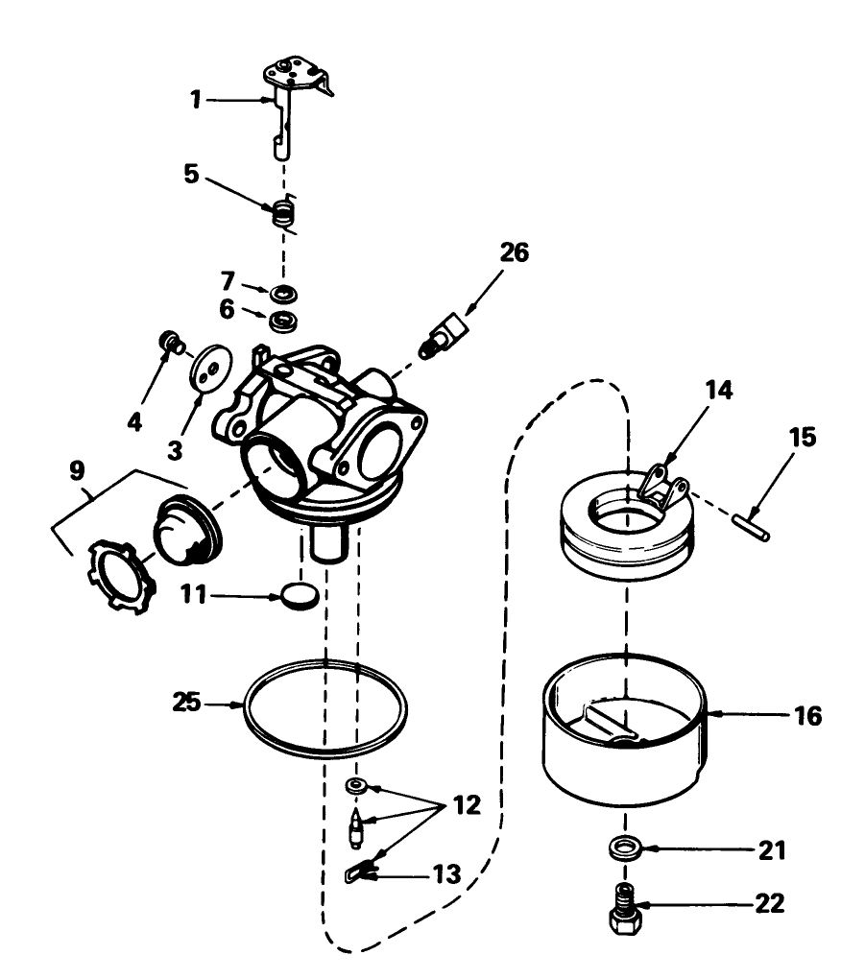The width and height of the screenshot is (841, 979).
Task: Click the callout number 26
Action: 514,252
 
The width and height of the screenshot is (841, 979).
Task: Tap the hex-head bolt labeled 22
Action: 625,912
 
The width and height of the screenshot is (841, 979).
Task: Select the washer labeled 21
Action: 625,848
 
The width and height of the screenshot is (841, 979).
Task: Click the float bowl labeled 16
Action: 625,744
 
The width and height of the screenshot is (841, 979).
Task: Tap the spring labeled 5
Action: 281,212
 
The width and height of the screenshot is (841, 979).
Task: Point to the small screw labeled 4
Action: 170,342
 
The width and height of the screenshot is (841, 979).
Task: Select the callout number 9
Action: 76,469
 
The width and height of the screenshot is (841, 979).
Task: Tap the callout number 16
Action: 808,715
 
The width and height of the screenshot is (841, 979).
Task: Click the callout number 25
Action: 187,703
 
